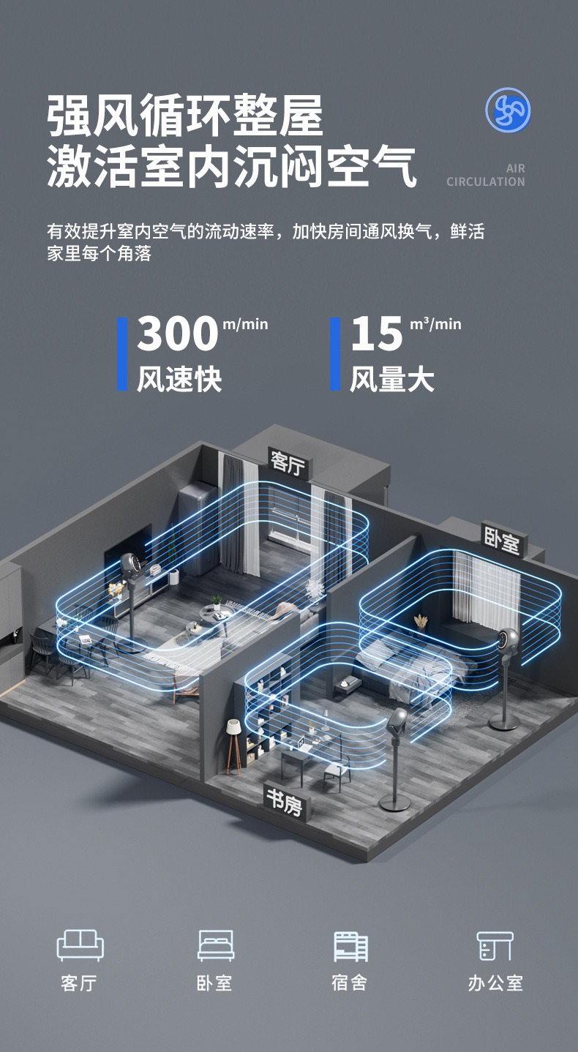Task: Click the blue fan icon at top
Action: (x=508, y=110)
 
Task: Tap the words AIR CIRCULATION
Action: (x=486, y=176)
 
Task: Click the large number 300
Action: (x=178, y=334)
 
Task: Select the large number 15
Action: (x=378, y=334)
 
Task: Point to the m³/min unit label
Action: (x=436, y=323)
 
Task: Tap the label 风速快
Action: (x=179, y=379)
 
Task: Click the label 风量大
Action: (x=392, y=379)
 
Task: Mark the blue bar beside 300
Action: (x=122, y=353)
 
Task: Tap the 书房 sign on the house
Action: (x=285, y=804)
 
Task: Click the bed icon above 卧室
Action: (x=216, y=945)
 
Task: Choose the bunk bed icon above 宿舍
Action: (x=350, y=946)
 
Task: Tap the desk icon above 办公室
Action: (x=495, y=945)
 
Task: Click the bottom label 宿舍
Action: (x=349, y=983)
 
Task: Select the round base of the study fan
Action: (x=394, y=805)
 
